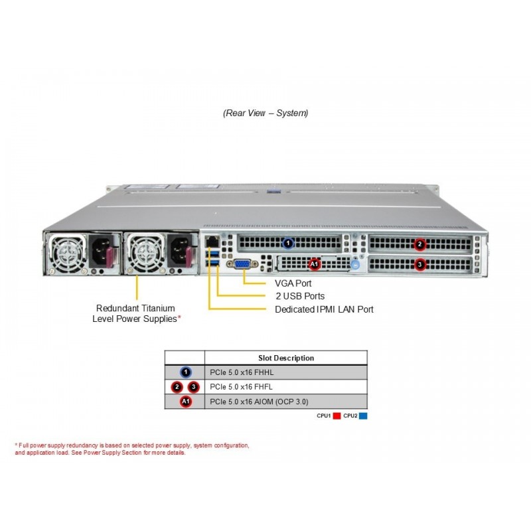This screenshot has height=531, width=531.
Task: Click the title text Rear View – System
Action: [265, 113]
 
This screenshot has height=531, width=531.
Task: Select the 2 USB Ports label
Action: [300, 296]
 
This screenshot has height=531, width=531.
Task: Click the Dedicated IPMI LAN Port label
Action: [324, 309]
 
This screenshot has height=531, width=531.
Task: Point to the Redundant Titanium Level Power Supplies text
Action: [136, 313]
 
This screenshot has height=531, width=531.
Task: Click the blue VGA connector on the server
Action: [242, 264]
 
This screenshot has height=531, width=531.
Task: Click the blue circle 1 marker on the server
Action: [287, 244]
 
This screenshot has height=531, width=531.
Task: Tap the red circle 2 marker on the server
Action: [419, 244]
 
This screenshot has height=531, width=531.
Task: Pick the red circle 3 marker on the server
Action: [419, 264]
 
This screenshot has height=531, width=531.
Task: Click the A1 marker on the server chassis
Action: [315, 265]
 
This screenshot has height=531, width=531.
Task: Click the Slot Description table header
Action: [286, 358]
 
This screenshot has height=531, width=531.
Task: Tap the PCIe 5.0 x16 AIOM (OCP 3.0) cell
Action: [259, 402]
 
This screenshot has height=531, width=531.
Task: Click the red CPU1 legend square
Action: [337, 416]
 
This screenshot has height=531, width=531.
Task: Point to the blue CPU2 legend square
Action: [363, 416]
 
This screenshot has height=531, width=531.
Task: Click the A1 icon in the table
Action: [185, 402]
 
